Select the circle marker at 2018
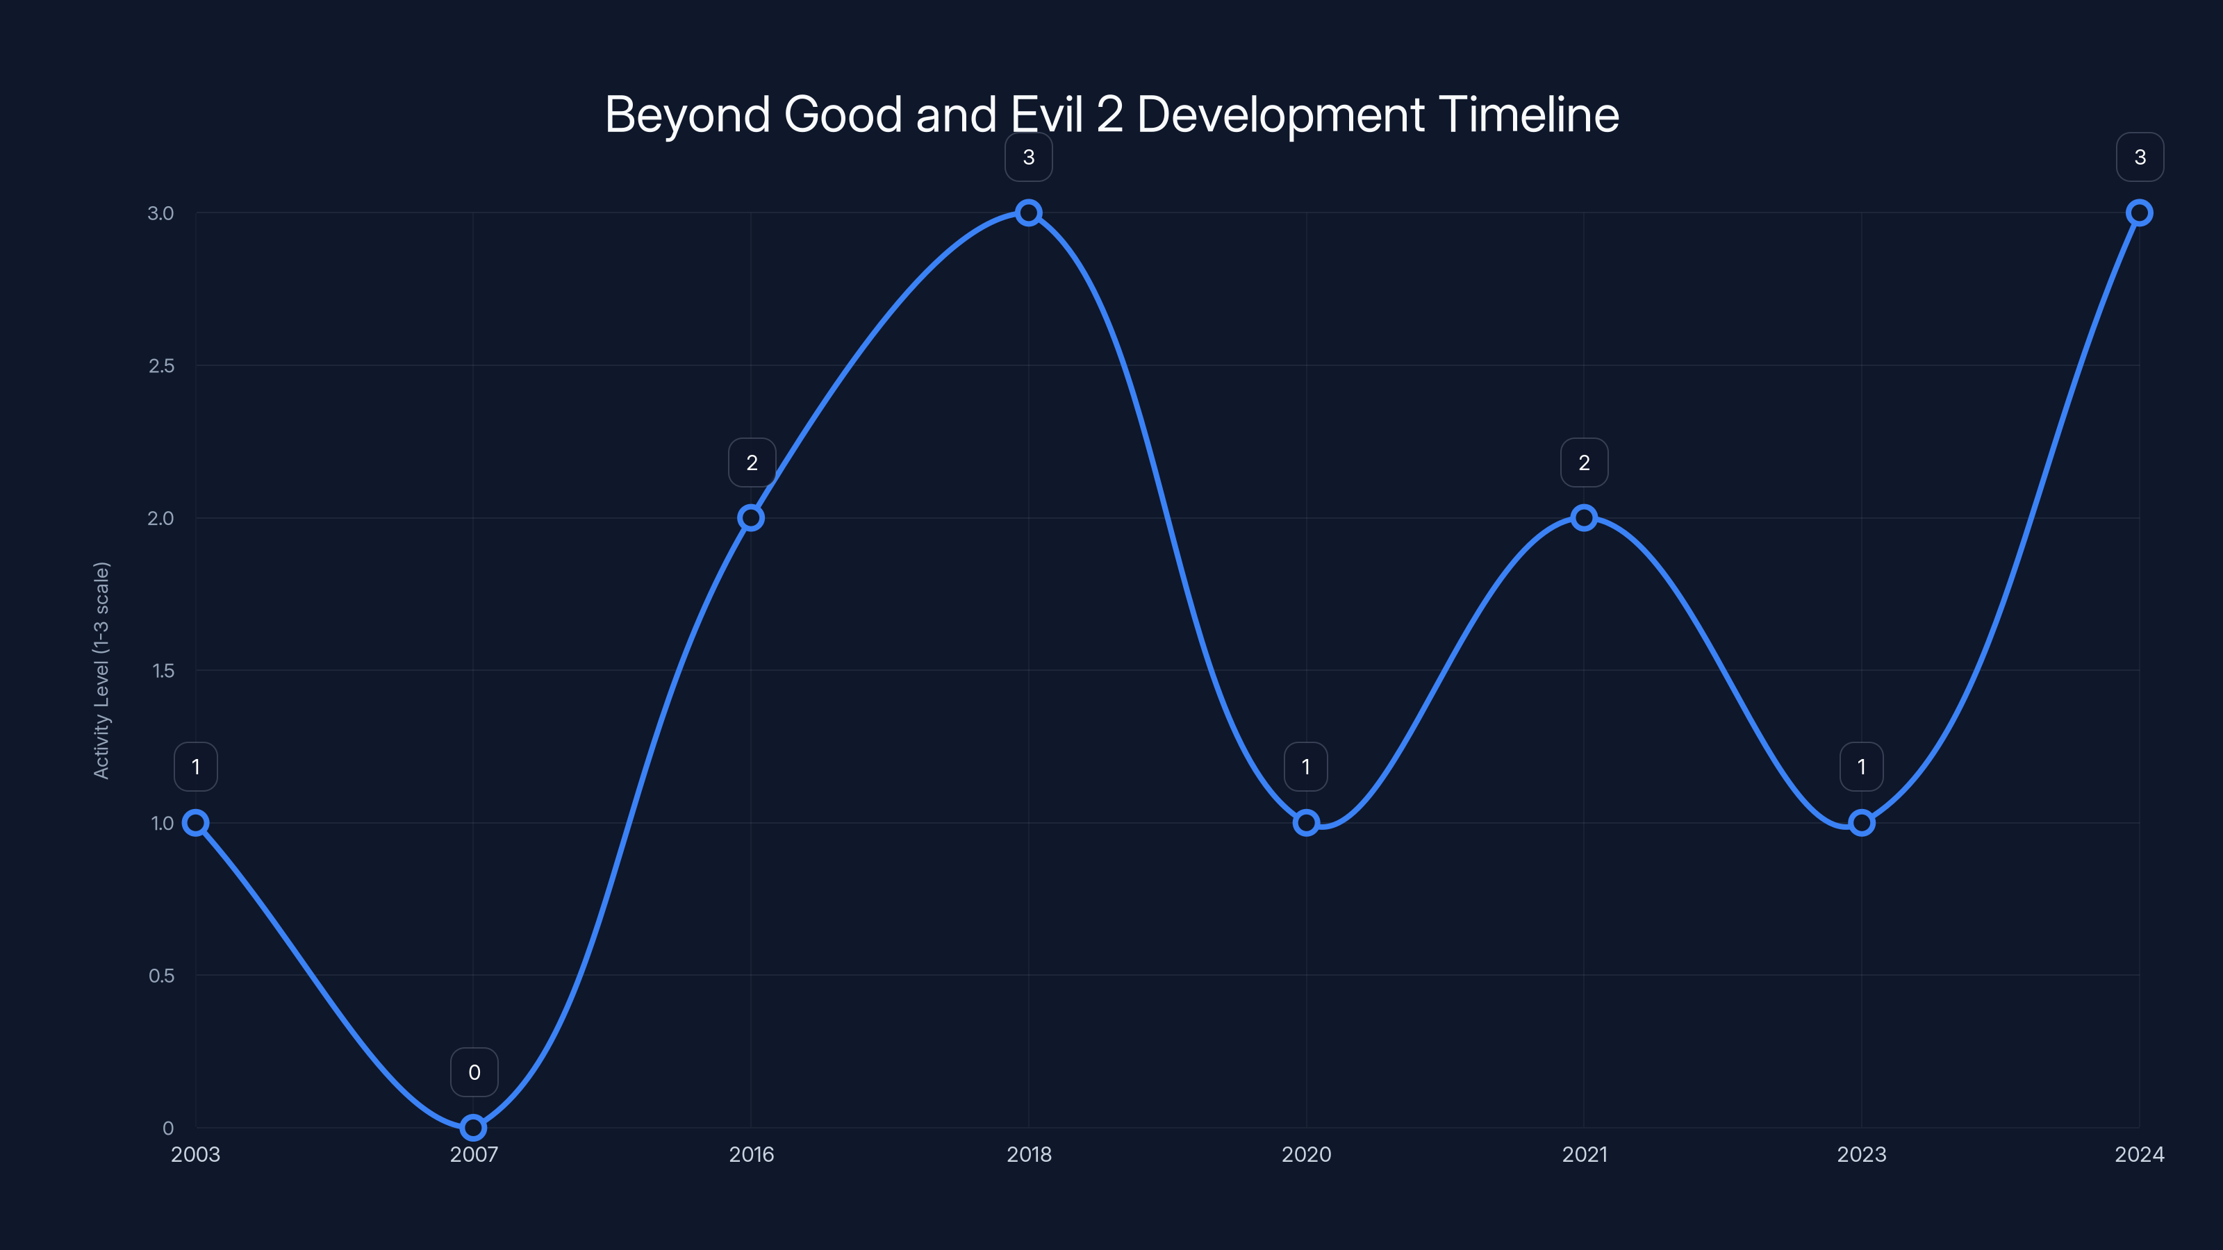coord(1028,212)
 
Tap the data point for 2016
coord(751,517)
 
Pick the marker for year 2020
coord(1306,822)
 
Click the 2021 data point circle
coord(1584,517)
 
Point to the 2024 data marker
coord(2140,212)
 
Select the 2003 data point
coord(196,822)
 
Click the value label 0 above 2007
coord(474,1072)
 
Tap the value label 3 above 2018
coord(1029,157)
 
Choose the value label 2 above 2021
coord(1585,462)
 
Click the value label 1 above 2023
coord(1862,767)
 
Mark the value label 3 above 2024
coord(2140,157)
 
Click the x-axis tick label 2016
coord(751,1154)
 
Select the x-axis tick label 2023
coord(1862,1154)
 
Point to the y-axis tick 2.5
coord(161,366)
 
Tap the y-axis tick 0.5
coord(161,976)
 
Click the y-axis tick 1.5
coord(163,671)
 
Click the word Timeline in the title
coord(1528,115)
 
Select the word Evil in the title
coord(1046,115)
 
